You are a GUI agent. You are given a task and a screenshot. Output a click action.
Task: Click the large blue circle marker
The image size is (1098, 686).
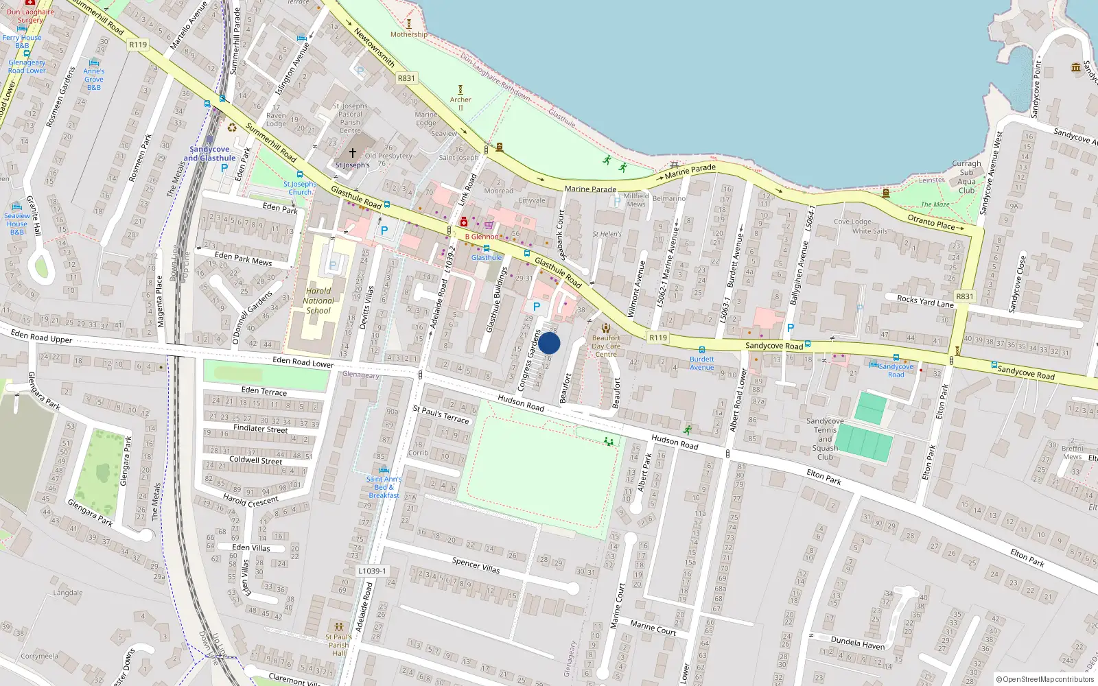click(549, 343)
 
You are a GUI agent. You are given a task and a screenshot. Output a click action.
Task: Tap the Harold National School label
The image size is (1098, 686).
click(318, 300)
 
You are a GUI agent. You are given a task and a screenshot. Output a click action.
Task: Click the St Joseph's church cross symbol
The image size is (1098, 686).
click(353, 153)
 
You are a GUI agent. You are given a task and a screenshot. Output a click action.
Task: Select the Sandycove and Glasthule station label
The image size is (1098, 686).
click(209, 154)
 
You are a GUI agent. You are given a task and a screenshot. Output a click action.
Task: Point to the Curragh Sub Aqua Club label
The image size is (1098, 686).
click(966, 177)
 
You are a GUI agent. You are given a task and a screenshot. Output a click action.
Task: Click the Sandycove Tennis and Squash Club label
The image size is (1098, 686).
click(825, 439)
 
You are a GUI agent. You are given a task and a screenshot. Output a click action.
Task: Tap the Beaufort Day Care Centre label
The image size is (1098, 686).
click(606, 346)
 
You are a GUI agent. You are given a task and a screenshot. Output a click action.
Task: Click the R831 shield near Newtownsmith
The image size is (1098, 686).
click(406, 78)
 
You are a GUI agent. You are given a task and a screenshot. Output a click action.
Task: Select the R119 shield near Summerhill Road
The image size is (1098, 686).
click(138, 45)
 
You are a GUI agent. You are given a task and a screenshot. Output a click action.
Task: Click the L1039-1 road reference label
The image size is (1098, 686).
click(372, 571)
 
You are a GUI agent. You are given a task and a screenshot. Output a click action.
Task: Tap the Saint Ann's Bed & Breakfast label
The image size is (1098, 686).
click(384, 487)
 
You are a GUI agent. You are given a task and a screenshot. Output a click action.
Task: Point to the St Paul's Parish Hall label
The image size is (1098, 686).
click(339, 645)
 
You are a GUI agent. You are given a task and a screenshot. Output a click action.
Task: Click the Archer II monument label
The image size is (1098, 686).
click(460, 104)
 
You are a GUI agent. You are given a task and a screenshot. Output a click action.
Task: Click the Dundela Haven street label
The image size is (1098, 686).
click(857, 643)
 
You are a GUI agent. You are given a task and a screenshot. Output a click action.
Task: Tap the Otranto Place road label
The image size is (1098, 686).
click(931, 222)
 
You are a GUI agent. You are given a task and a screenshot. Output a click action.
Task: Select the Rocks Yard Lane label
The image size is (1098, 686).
click(925, 300)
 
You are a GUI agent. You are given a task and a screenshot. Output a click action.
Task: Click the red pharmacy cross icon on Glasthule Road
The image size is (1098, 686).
click(464, 222)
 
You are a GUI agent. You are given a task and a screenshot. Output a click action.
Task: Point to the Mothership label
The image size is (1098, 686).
click(408, 34)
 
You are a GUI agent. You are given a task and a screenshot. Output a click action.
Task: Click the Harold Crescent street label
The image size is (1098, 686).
click(250, 500)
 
